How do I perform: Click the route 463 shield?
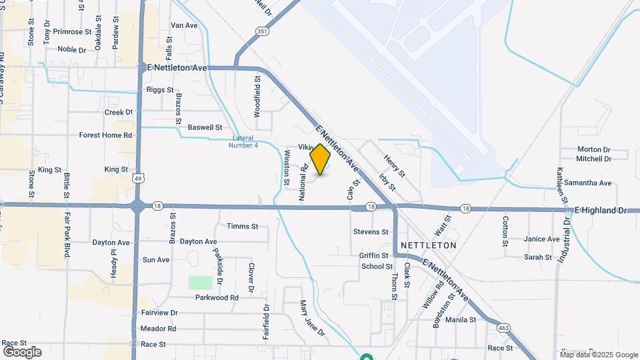504,327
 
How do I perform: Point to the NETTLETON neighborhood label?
429,245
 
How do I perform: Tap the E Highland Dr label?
601,210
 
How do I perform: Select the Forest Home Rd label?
105,135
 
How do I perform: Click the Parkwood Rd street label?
217,297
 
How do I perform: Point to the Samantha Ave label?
587,183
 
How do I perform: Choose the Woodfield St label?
258,97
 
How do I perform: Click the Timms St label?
242,227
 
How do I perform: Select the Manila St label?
461,320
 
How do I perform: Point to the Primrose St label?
73,31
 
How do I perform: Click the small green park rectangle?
199,282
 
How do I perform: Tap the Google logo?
22,351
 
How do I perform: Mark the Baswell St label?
205,127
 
